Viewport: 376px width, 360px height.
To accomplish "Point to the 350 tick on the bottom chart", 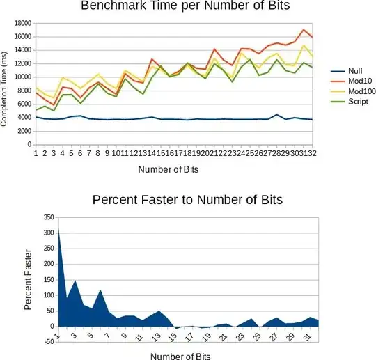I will click(46, 219).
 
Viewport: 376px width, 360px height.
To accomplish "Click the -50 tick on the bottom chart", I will click(47, 341).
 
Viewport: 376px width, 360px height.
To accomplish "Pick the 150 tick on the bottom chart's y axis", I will click(46, 280).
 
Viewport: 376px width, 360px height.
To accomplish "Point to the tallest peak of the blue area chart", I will click(58, 228).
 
